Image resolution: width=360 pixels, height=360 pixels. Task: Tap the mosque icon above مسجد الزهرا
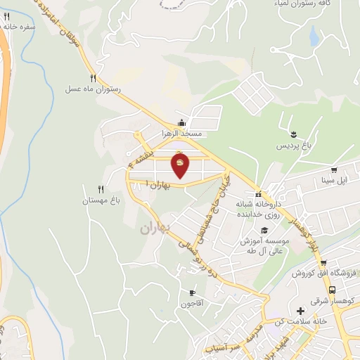(182, 122)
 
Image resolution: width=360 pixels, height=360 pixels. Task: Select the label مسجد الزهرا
(183, 132)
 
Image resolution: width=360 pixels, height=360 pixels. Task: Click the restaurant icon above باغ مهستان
(101, 189)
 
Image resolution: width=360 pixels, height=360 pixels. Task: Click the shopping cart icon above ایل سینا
(335, 169)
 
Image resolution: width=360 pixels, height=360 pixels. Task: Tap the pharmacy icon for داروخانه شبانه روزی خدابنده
(259, 194)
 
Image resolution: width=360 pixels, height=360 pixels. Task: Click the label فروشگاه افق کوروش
(326, 272)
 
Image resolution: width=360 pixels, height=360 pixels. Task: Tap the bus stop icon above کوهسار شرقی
(332, 290)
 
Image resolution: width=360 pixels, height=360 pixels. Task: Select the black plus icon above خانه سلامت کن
(301, 310)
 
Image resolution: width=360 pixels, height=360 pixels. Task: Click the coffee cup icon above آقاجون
(192, 292)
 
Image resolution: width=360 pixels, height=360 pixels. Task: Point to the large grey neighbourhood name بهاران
(155, 229)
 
